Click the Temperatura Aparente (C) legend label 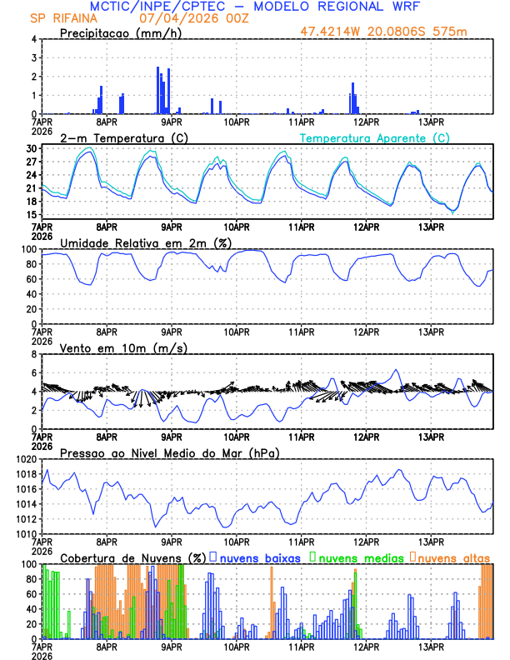click(374, 137)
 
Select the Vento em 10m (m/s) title click(112, 347)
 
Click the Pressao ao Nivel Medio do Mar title click(169, 452)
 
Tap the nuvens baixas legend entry click(260, 557)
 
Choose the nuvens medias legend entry click(357, 557)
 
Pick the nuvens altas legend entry click(452, 557)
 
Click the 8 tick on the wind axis click(35, 354)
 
